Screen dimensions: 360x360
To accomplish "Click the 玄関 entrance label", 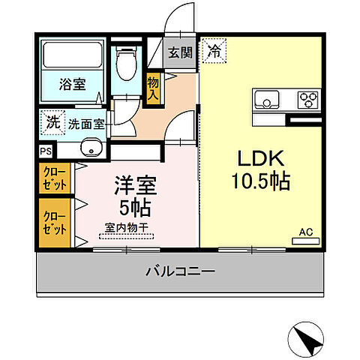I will (x=180, y=52).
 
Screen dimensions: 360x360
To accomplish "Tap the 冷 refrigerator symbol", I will (x=214, y=52).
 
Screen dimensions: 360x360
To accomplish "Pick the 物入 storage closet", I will (x=153, y=88).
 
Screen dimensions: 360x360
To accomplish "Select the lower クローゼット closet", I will (x=54, y=223).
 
